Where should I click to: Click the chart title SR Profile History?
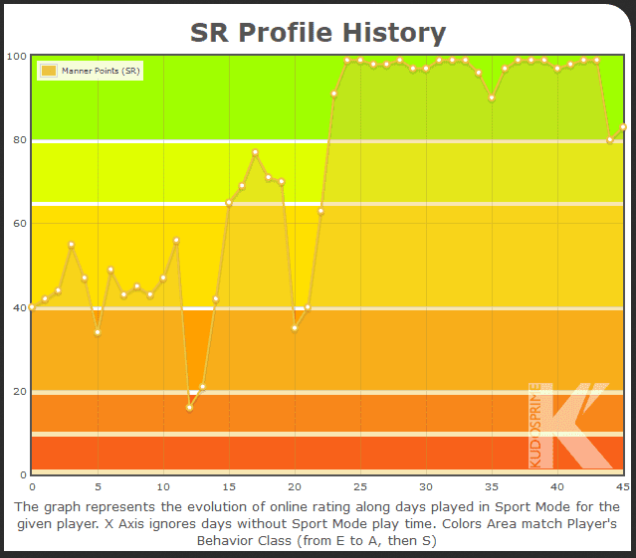point(318,32)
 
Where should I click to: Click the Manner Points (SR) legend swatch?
point(48,71)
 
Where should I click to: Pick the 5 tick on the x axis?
point(98,486)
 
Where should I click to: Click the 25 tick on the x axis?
point(360,486)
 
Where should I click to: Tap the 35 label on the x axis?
point(492,486)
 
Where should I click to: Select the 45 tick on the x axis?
point(622,486)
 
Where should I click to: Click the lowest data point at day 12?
point(189,408)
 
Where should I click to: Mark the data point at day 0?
point(32,307)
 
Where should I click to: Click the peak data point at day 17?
point(255,152)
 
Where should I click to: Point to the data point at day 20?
point(295,328)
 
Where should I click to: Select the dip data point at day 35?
point(492,97)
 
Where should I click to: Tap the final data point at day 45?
point(623,126)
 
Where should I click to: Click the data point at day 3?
point(72,245)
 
